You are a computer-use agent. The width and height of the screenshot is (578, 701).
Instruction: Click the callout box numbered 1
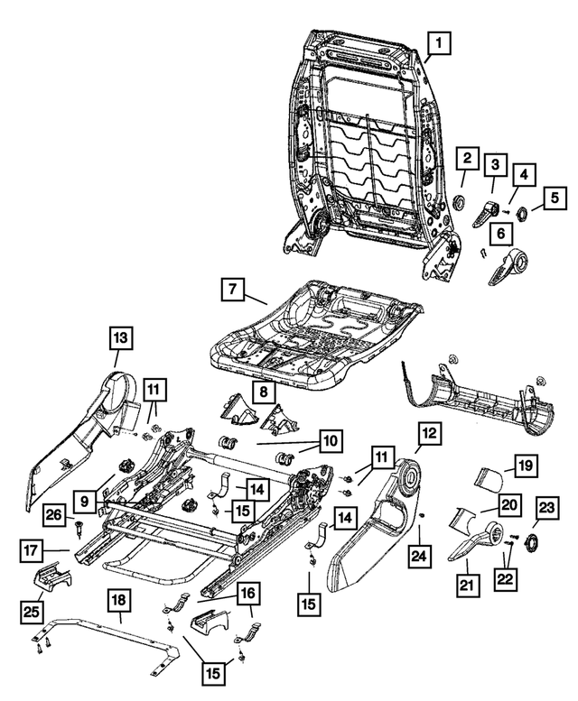click(x=438, y=42)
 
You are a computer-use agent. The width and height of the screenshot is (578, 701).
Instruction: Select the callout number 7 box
click(x=233, y=291)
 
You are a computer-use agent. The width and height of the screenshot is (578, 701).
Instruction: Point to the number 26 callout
click(x=55, y=516)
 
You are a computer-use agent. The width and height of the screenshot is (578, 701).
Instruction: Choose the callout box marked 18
click(x=118, y=602)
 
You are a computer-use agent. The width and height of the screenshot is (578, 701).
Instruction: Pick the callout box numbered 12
click(x=430, y=434)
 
